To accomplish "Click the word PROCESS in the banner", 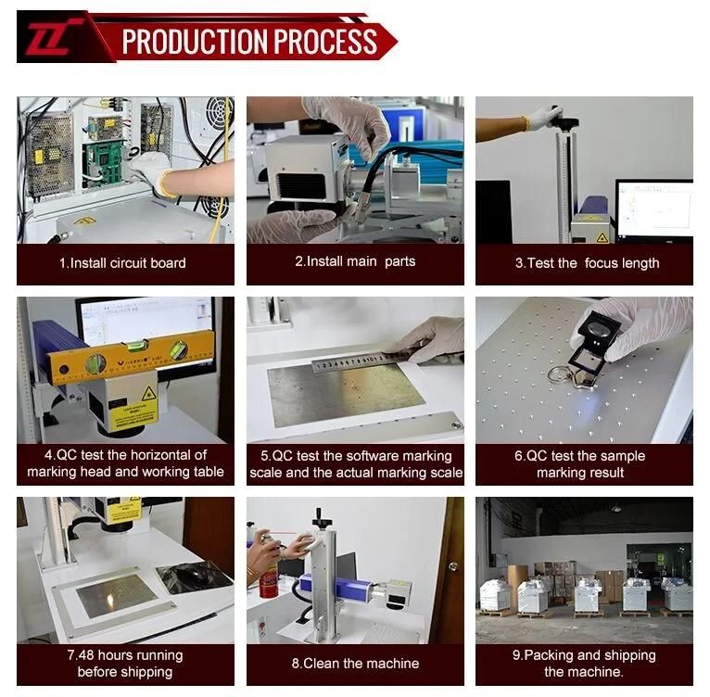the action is click(x=325, y=42).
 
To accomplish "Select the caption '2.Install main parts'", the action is click(x=355, y=261).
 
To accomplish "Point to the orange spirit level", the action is click(x=131, y=357).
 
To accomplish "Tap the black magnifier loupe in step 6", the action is click(x=594, y=345).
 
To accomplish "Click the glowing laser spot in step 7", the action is click(x=110, y=601).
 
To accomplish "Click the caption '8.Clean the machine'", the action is click(x=355, y=664).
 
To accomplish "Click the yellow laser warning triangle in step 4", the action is click(x=148, y=393).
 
